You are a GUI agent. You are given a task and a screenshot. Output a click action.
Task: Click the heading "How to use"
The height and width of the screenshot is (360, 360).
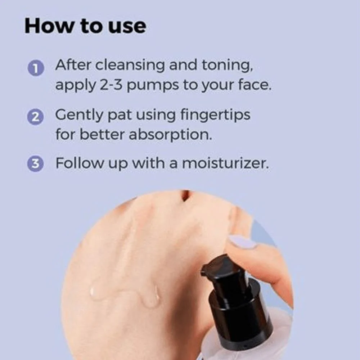click(x=85, y=26)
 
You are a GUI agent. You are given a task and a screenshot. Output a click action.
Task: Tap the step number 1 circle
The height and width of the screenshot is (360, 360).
click(x=36, y=68)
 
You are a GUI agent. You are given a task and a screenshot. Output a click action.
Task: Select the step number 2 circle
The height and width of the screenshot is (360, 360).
click(x=35, y=117)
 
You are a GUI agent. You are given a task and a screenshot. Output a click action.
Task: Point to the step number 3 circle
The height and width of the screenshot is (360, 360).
click(x=35, y=164)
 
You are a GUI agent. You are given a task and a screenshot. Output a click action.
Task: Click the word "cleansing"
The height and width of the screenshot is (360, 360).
click(x=130, y=65)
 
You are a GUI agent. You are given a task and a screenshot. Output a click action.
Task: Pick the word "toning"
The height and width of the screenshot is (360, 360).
click(x=227, y=66)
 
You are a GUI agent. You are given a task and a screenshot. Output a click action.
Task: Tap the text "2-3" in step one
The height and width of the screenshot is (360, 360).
click(x=111, y=85)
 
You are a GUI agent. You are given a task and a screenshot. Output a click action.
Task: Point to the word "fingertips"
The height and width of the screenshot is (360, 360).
click(x=215, y=115)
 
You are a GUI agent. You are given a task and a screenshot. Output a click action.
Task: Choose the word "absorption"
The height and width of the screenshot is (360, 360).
click(x=170, y=135)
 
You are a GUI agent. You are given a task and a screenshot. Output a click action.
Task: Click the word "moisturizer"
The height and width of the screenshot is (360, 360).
click(x=225, y=163)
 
